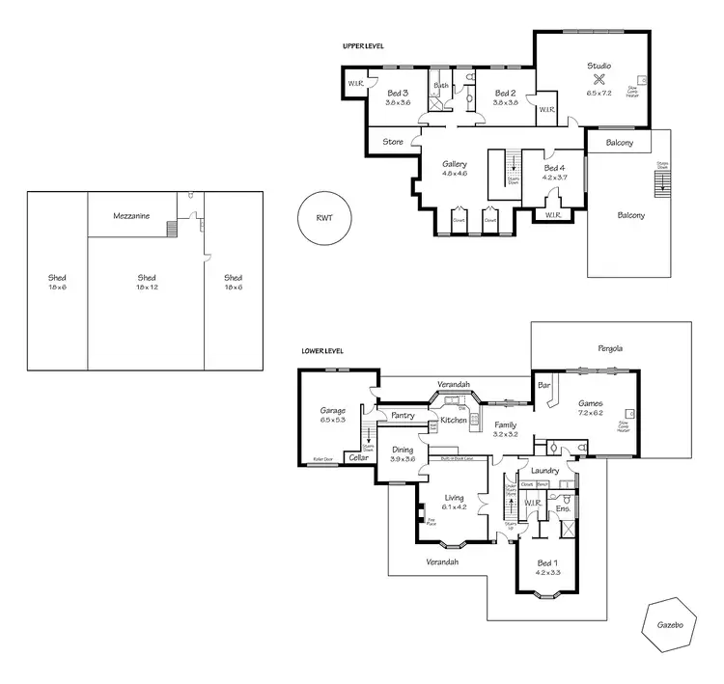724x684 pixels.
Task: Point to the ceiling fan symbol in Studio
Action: coord(599,80)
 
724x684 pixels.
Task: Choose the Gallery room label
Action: coord(455,165)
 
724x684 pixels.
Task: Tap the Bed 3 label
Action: coord(398,94)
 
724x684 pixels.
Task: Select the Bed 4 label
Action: coord(555,168)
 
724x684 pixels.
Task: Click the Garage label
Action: coord(332,411)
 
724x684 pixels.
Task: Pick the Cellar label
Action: coord(355,458)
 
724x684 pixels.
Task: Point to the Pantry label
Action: coord(403,416)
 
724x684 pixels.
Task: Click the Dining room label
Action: coord(402,450)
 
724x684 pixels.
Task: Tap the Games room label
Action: coord(590,403)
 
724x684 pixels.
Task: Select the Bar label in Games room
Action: coord(543,386)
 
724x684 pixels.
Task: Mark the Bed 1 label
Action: coord(546,562)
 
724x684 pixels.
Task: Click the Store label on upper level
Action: coord(393,142)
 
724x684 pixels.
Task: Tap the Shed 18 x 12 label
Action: coord(147,278)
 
